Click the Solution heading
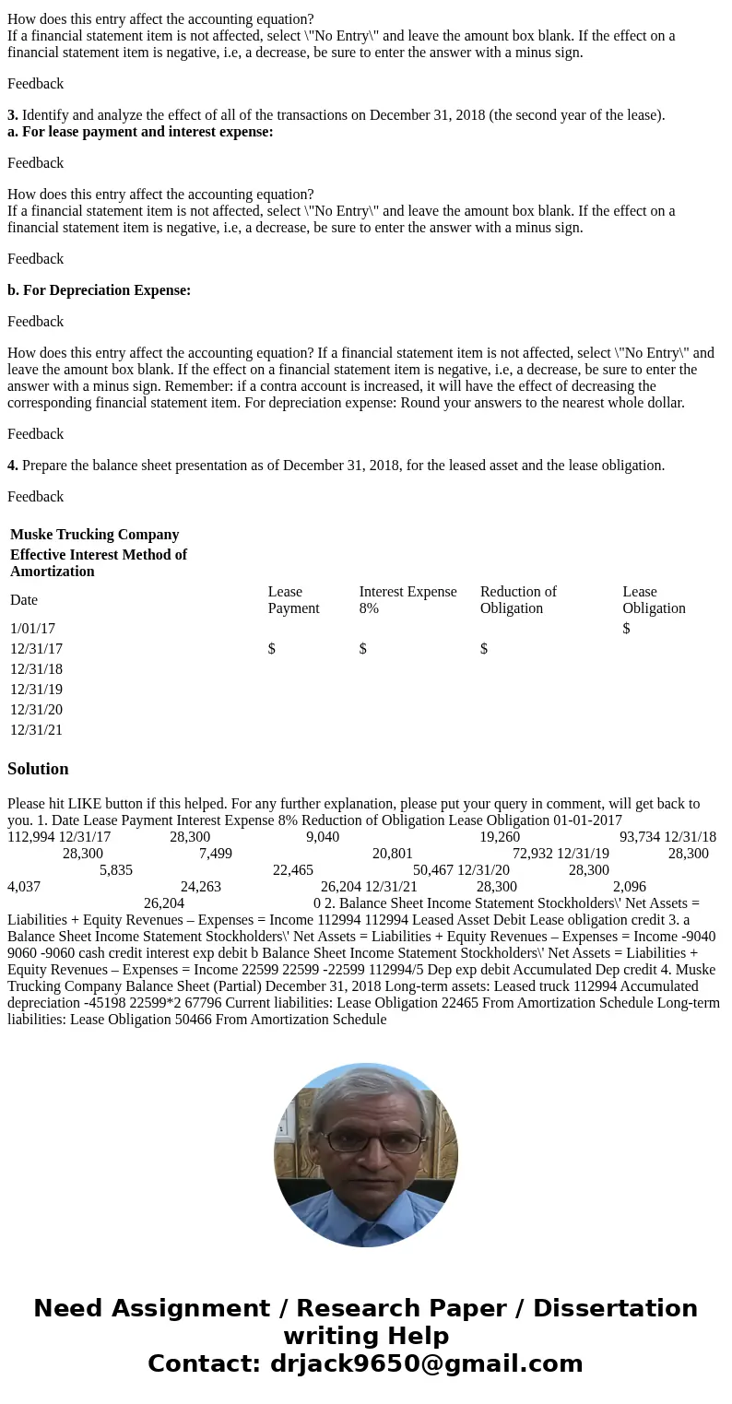coord(38,769)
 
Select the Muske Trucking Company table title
coord(94,535)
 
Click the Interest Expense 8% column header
coord(407,599)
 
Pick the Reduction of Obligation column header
coord(518,599)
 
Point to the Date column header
coord(24,600)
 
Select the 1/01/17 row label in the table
coord(32,629)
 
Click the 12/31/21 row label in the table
coord(36,730)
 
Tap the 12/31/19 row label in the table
coord(36,690)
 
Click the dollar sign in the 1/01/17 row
coord(626,629)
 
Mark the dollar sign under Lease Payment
coord(271,649)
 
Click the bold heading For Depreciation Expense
coord(99,290)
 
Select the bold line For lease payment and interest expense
coord(140,132)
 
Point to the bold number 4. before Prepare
coord(13,466)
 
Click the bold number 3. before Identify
coord(13,115)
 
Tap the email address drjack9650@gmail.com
coord(426,1364)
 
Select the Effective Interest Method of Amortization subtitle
coord(99,562)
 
